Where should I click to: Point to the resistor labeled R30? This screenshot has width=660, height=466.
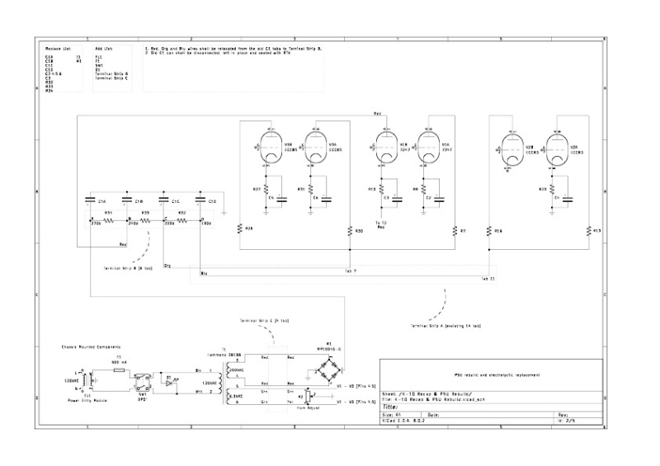point(350,229)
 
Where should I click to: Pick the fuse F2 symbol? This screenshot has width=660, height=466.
point(119,369)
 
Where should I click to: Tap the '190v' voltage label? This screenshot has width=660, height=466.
point(207,224)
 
